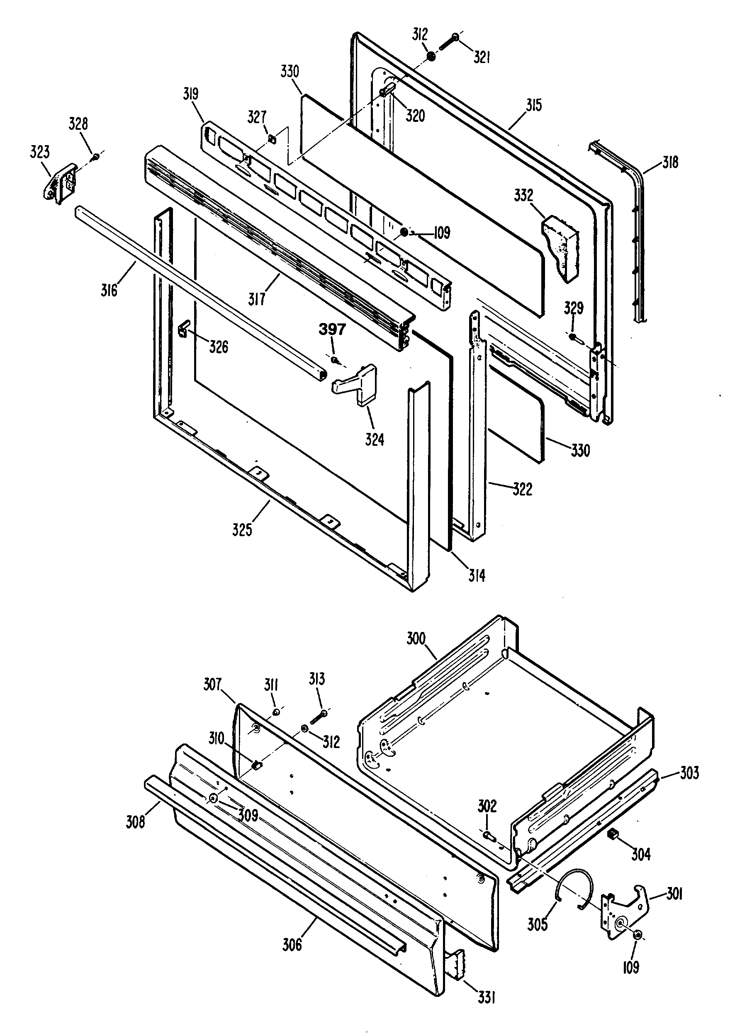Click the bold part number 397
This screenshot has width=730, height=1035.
332,330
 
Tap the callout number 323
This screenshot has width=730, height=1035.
40,152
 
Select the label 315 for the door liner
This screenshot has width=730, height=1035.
533,105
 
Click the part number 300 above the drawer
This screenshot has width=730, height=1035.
416,638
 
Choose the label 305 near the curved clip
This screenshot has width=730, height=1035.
537,924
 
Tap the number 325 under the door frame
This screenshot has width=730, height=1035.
242,530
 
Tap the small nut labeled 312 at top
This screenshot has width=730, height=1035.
431,56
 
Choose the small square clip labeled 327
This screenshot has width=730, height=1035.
272,139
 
